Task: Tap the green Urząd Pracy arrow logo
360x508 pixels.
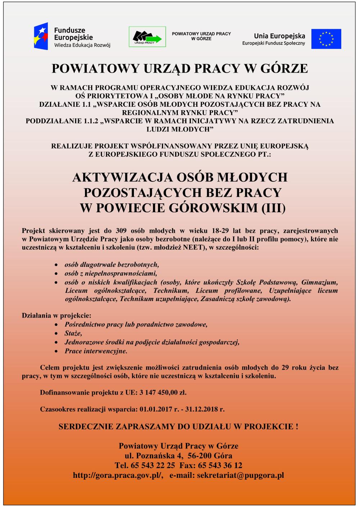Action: pos(147,37)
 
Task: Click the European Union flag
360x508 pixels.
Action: pos(326,39)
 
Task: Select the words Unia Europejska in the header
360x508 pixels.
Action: pos(279,36)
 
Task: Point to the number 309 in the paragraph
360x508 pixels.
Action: pos(121,231)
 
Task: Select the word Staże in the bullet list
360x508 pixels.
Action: pos(73,333)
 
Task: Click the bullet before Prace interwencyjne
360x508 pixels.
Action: pos(56,351)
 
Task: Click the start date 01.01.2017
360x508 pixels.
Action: pos(156,409)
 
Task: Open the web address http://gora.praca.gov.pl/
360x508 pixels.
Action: pos(118,475)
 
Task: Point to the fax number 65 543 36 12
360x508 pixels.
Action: pos(220,466)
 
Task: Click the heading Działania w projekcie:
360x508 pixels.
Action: pos(57,316)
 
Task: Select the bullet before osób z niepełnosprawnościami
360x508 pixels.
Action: pos(56,273)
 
